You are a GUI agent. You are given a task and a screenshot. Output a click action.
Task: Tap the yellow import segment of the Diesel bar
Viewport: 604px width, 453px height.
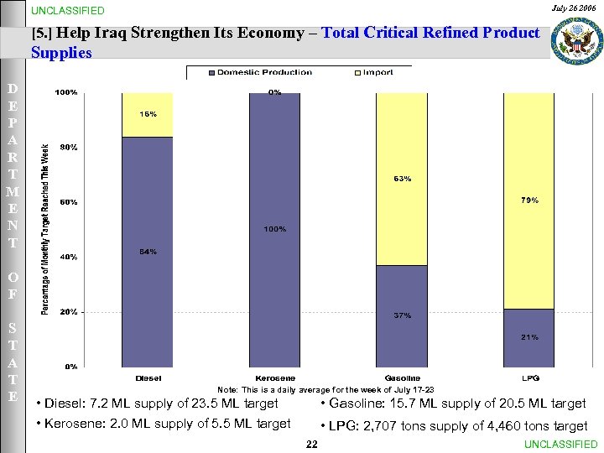tap(147, 115)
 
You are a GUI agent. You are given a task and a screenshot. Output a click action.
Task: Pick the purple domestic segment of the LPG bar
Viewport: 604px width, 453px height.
tap(528, 337)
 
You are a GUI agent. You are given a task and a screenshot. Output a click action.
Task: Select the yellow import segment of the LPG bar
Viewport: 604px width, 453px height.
tap(528, 200)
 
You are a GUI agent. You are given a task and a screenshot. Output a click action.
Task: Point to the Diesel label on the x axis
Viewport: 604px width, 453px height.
tap(148, 378)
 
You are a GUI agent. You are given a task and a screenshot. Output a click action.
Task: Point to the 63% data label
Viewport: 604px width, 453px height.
tap(401, 178)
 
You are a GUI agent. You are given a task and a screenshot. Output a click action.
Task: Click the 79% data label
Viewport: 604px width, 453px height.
tap(529, 200)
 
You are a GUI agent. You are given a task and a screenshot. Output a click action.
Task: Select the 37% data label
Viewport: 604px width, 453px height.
tap(402, 315)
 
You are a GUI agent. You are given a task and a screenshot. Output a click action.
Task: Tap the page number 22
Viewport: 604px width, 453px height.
tap(311, 443)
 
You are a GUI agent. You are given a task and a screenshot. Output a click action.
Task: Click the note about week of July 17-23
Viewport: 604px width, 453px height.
tap(325, 390)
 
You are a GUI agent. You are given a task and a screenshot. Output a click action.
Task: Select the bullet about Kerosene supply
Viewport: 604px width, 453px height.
tap(164, 424)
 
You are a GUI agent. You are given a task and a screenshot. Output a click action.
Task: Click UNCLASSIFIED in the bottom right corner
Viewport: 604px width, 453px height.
tap(560, 444)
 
